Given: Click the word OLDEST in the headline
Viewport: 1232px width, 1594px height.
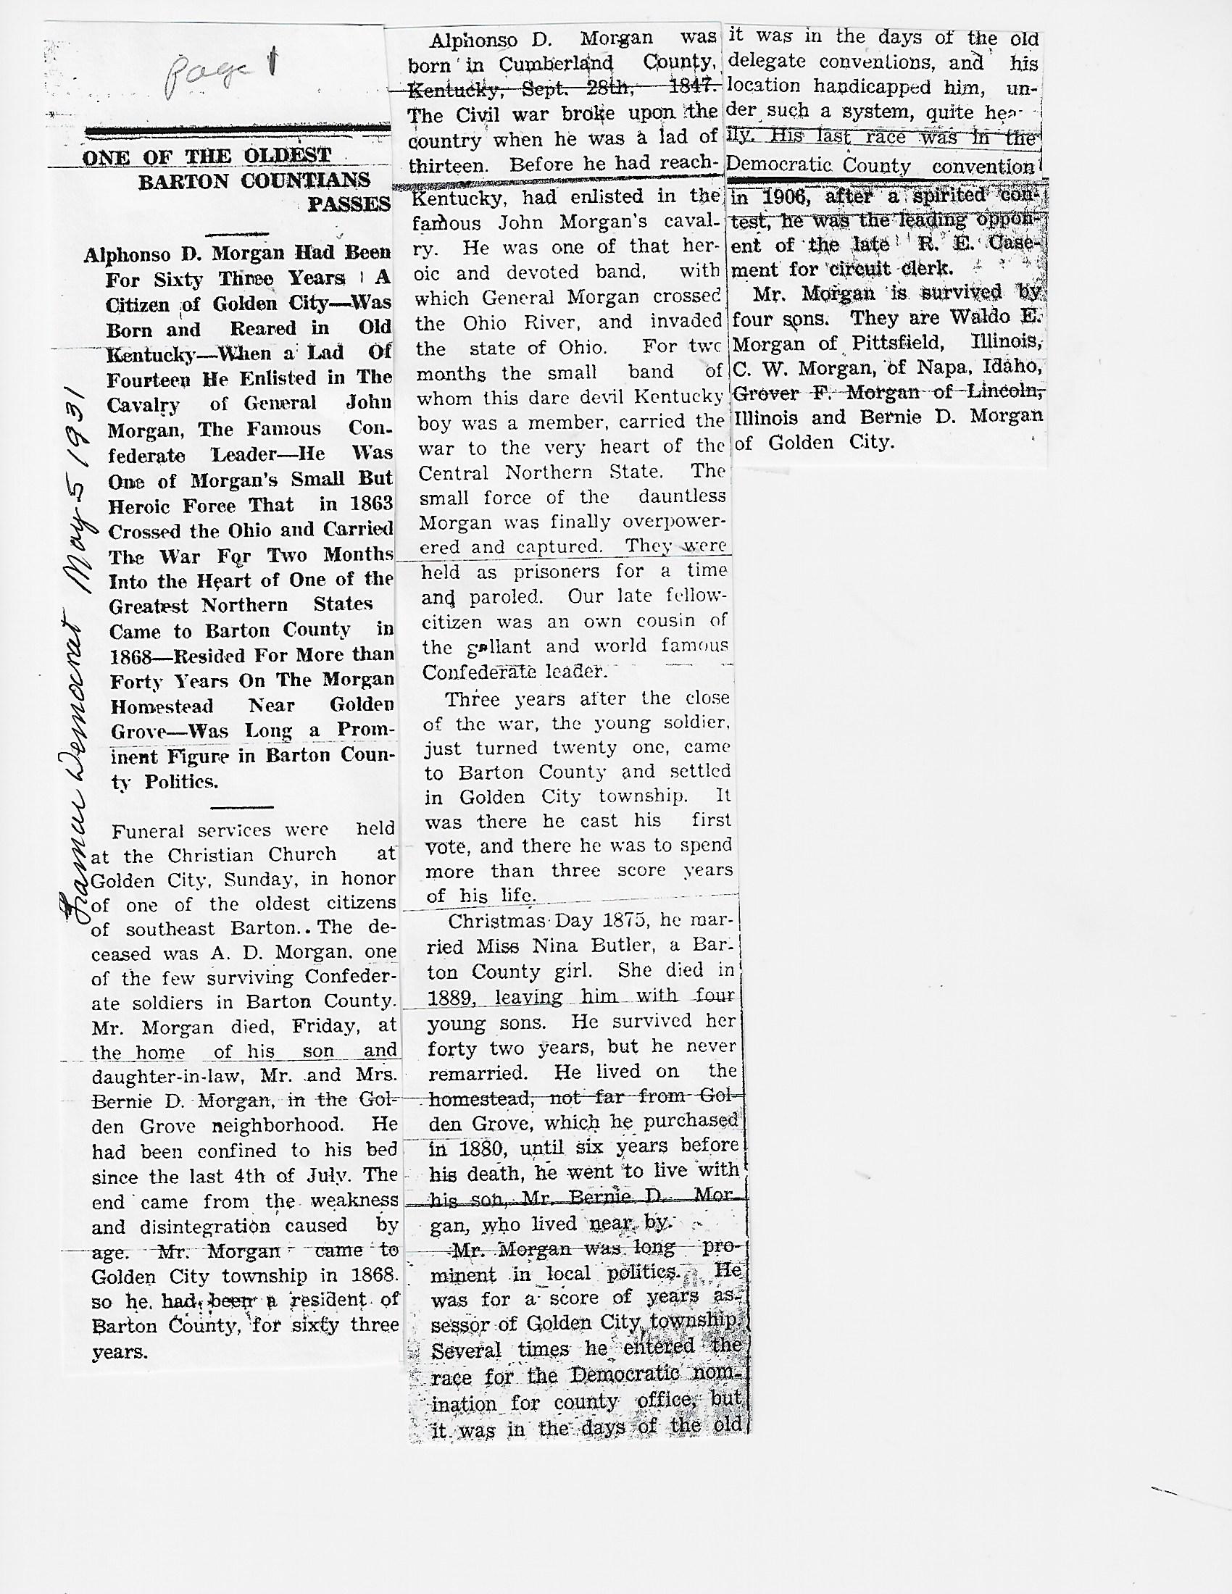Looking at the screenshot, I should coord(288,156).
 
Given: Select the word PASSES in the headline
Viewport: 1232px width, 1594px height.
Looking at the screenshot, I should coord(349,204).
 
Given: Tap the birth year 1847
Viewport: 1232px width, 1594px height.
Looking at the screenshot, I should coord(691,87).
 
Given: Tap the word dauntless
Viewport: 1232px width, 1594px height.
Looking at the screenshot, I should coord(683,497).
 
